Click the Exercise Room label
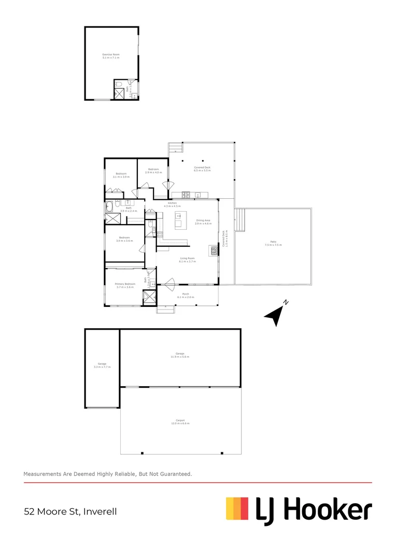pos(110,56)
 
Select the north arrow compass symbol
pos(276,313)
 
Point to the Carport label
pos(180,422)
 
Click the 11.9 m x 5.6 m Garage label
pos(180,355)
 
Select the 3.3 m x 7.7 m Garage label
pos(102,365)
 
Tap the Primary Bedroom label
pos(125,285)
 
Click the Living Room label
pos(187,259)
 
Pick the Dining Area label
pos(203,222)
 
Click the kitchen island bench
pos(181,224)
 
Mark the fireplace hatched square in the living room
pos(213,251)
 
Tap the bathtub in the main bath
pos(109,208)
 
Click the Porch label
pos(185,296)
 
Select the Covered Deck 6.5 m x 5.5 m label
pos(202,169)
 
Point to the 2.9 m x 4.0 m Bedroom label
pos(153,171)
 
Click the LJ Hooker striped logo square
pos(237,508)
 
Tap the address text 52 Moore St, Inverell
pos(70,512)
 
